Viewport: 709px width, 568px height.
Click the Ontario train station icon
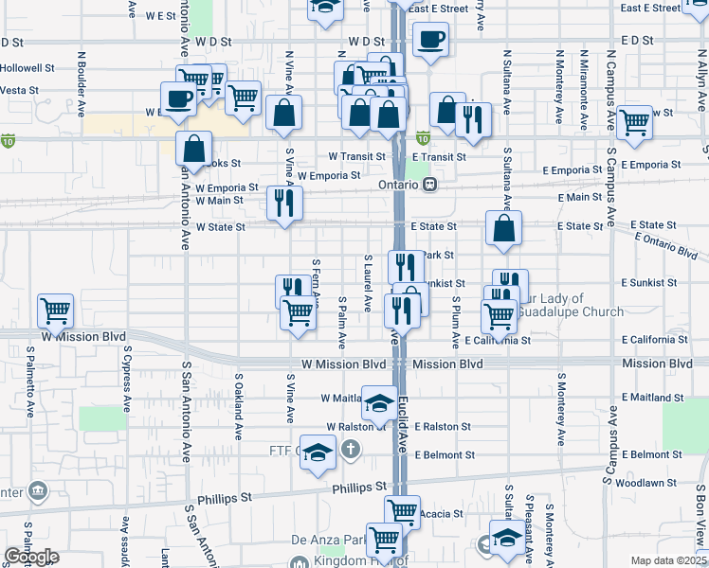click(429, 185)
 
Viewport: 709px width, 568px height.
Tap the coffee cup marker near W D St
click(430, 40)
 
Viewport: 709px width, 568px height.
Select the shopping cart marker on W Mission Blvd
click(56, 310)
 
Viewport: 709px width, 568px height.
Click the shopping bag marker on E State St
click(503, 227)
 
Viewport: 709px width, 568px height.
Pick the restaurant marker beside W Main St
click(283, 203)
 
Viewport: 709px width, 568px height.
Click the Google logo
click(30, 557)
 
